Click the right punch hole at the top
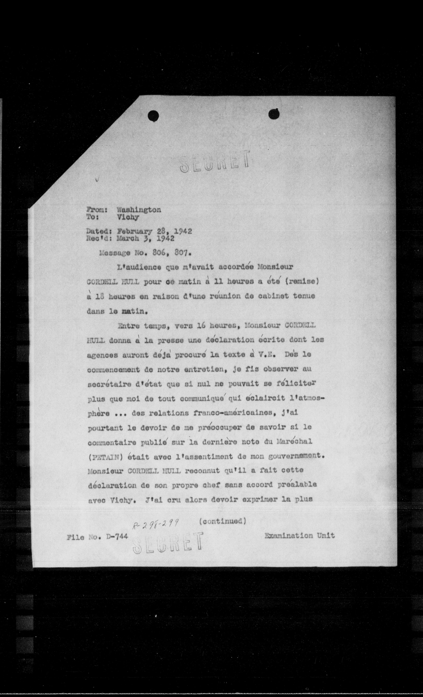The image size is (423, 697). tap(274, 114)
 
